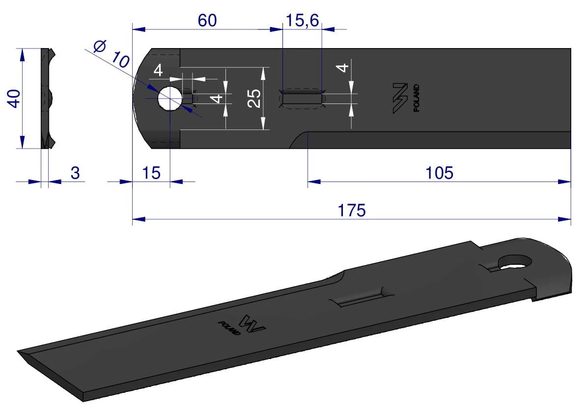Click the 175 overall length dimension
pyautogui.click(x=352, y=210)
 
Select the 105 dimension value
pyautogui.click(x=439, y=173)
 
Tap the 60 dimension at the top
pyautogui.click(x=207, y=21)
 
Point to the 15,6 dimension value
pyautogui.click(x=302, y=21)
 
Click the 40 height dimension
pyautogui.click(x=14, y=99)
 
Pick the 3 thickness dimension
pyautogui.click(x=75, y=173)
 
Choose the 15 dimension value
pyautogui.click(x=151, y=173)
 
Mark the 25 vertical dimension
pyautogui.click(x=254, y=98)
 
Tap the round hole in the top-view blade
pyautogui.click(x=170, y=99)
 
